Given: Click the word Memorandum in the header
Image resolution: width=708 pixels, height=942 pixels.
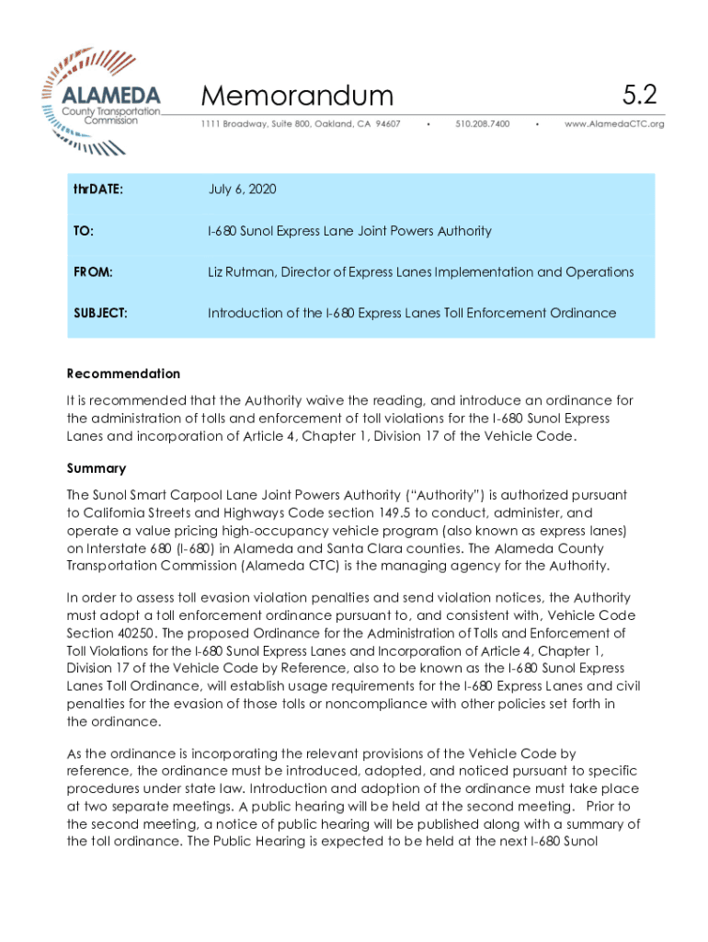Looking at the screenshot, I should click(296, 96).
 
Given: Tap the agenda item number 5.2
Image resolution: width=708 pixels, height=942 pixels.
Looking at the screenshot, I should click(638, 94).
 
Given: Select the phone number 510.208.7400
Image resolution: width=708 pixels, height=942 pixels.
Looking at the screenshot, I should click(482, 123).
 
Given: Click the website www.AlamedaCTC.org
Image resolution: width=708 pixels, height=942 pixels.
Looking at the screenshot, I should click(613, 123).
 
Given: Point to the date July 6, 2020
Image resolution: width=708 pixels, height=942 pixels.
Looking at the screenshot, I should click(242, 190).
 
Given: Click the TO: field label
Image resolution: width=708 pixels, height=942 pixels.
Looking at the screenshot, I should click(84, 231).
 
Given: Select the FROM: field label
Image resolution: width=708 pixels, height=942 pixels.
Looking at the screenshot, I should click(93, 272).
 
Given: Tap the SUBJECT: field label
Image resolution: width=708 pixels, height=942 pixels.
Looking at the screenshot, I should click(100, 313).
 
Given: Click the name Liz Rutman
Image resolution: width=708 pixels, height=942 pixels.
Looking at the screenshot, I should click(241, 272).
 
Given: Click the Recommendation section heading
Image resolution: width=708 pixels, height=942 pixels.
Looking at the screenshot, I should click(123, 373).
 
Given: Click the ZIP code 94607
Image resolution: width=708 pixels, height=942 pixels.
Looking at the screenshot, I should click(385, 123).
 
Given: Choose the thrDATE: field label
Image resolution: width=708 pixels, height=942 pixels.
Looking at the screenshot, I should click(98, 190).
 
